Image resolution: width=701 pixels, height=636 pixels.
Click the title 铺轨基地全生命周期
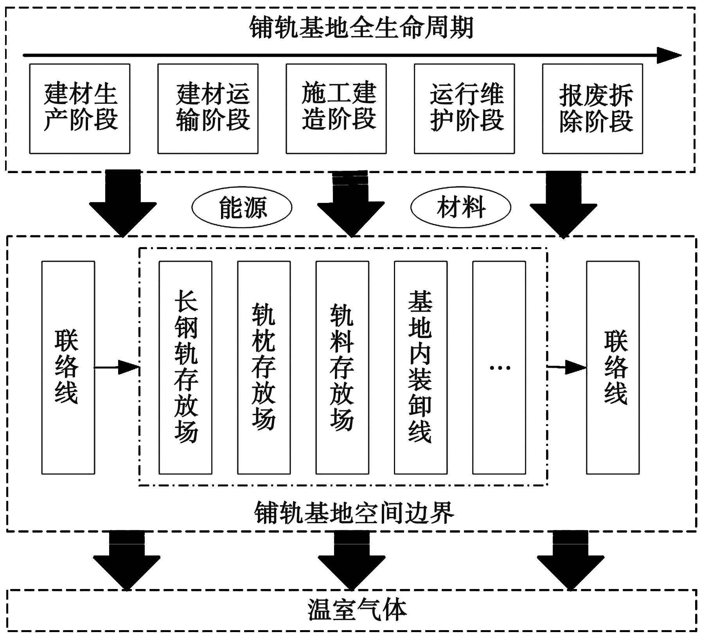click(x=361, y=27)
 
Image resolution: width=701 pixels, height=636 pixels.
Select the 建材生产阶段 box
click(x=80, y=108)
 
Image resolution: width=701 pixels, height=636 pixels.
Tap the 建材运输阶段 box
click(x=208, y=108)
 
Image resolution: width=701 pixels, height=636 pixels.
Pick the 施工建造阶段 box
click(x=336, y=108)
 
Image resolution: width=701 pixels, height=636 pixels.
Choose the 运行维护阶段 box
click(x=464, y=108)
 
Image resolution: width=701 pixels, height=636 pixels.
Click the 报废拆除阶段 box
click(x=592, y=108)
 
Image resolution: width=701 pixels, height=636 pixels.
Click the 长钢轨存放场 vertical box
click(x=185, y=367)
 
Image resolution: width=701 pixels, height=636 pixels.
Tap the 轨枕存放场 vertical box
click(x=264, y=367)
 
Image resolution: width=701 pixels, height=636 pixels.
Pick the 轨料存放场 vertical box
click(x=342, y=367)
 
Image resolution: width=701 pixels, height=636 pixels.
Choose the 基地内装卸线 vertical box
click(x=421, y=367)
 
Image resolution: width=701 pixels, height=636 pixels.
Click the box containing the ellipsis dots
click(x=499, y=367)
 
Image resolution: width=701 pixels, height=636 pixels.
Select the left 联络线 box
click(x=68, y=367)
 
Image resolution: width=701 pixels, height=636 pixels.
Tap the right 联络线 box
click(x=613, y=367)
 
